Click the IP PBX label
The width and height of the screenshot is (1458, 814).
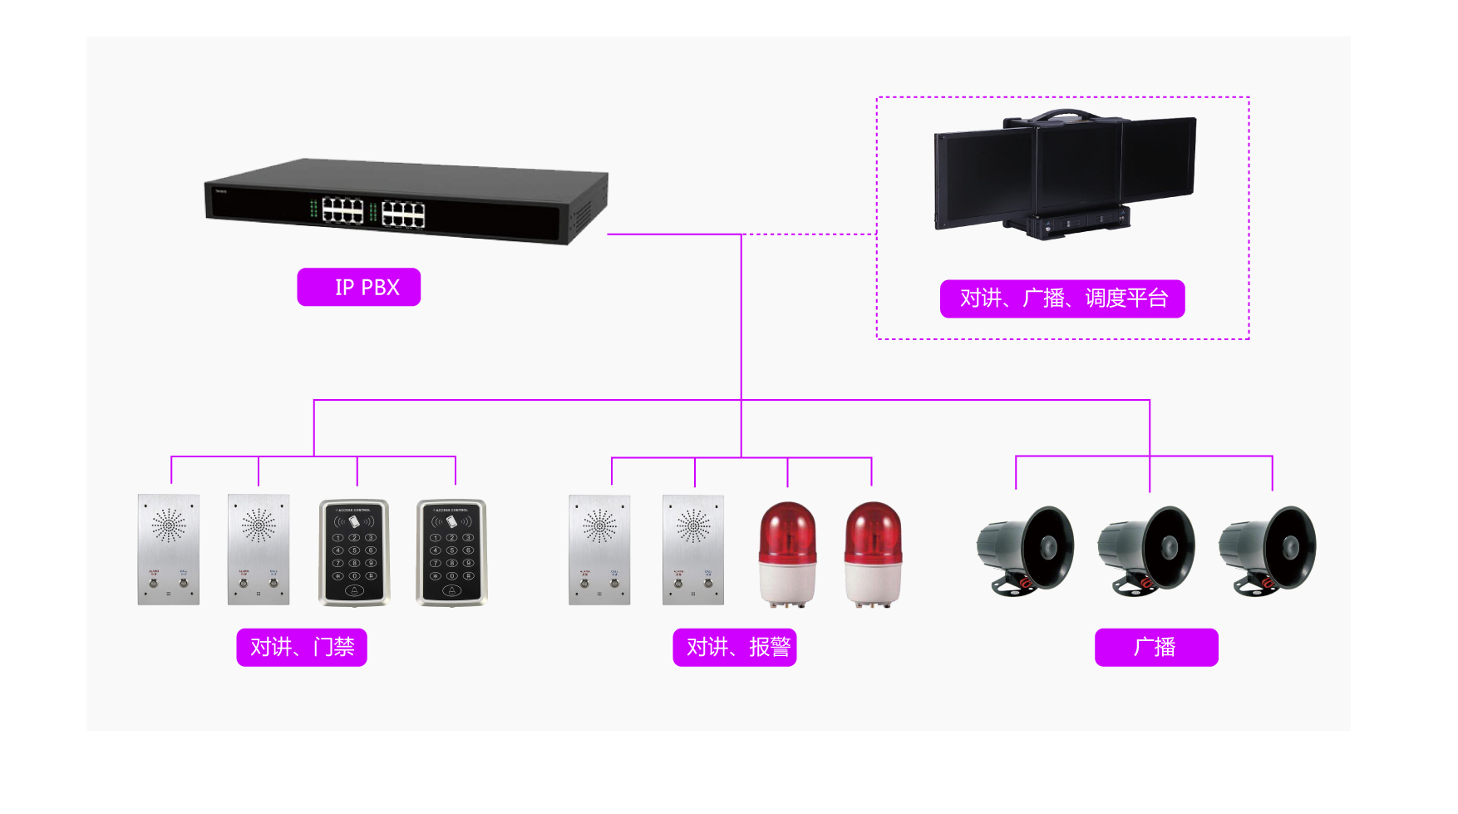pos(359,287)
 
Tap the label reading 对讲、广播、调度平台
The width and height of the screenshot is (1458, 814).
pos(1062,298)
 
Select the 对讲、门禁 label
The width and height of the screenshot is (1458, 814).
pos(302,647)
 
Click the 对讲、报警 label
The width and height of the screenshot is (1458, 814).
pos(735,647)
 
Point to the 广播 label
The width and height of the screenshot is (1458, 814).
pos(1156,647)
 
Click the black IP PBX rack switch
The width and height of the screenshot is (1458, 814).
pos(406,201)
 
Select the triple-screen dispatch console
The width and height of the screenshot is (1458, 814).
pos(1066,175)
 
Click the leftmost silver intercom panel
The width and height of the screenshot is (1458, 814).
pos(169,549)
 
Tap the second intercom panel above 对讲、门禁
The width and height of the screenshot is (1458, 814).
pos(259,549)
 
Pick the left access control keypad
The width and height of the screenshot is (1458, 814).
pos(354,552)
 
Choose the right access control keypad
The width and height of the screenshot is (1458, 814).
pos(451,552)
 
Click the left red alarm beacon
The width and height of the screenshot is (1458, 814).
pos(788,552)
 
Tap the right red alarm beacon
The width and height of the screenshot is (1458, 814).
pos(873,552)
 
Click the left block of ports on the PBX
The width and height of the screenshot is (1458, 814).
pos(342,211)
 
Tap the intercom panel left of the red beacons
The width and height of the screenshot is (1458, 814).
pos(693,549)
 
